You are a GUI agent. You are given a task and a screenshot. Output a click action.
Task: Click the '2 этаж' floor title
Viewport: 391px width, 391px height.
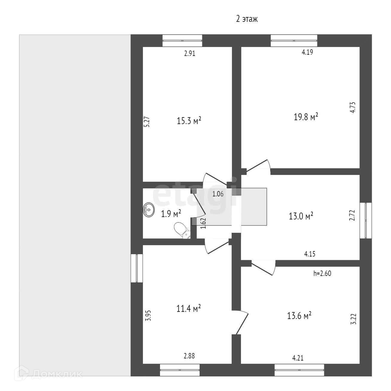(247, 19)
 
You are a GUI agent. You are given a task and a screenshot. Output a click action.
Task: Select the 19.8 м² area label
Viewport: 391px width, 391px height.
(306, 117)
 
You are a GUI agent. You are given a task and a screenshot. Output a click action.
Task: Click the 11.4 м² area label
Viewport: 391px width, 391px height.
(188, 308)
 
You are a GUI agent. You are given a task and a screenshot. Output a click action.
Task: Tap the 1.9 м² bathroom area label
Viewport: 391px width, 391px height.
(171, 214)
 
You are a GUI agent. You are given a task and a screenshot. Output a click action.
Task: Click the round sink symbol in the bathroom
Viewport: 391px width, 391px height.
(149, 210)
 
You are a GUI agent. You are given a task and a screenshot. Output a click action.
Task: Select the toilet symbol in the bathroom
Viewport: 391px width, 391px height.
(182, 230)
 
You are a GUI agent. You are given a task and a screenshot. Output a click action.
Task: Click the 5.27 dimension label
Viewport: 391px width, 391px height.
(147, 122)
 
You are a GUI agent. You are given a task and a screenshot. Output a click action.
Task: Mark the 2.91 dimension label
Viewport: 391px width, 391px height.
(190, 54)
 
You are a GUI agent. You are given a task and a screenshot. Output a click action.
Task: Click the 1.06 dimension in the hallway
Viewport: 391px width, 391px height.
(218, 194)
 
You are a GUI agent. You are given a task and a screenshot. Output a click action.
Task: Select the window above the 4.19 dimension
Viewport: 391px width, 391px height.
(294, 41)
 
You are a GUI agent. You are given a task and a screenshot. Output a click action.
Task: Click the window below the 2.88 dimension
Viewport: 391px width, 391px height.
(180, 370)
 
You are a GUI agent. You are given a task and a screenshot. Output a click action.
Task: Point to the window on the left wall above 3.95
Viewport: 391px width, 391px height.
(137, 268)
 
